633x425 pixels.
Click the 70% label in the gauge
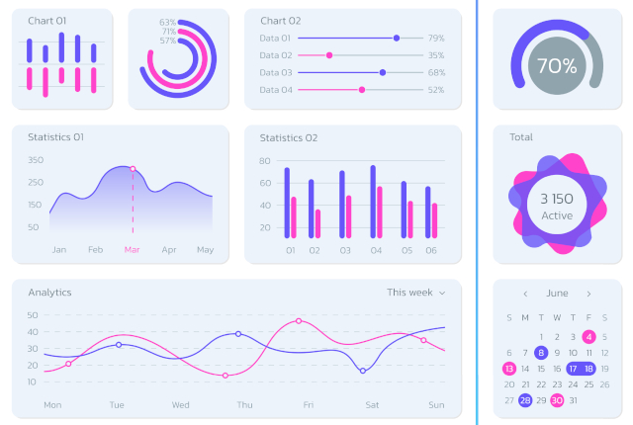click(557, 66)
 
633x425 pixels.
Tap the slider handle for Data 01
click(397, 38)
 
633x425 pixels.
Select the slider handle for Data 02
click(329, 55)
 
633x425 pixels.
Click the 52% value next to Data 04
click(436, 90)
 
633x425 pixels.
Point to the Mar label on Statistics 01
click(133, 249)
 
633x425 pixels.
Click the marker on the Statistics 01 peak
click(133, 169)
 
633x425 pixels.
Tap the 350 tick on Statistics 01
click(36, 160)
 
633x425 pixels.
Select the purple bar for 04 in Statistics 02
click(373, 202)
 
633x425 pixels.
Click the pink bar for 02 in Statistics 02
click(317, 223)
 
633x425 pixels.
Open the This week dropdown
click(415, 293)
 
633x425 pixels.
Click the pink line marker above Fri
click(299, 321)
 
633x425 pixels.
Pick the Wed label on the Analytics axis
click(180, 404)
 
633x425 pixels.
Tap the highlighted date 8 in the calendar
click(541, 352)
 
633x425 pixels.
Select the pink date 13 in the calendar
click(509, 368)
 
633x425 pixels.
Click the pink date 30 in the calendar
click(557, 400)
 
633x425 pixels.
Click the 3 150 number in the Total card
click(557, 199)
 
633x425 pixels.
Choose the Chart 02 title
click(281, 21)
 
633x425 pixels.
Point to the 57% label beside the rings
click(168, 41)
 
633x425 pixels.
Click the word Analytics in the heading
click(49, 293)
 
